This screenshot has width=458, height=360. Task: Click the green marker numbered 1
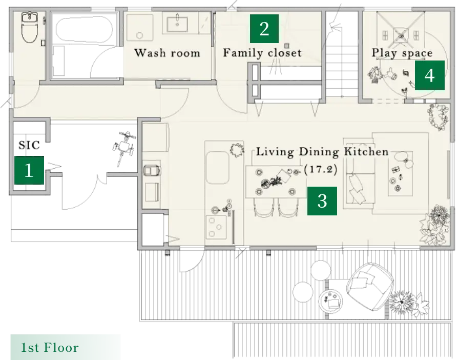[x=29, y=170]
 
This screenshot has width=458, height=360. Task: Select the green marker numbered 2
[x=264, y=29]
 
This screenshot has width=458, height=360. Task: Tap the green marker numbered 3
[x=322, y=201]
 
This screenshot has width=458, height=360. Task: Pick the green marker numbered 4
[x=430, y=75]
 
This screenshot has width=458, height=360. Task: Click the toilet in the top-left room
[x=29, y=27]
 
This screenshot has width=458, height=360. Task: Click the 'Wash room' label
[x=167, y=53]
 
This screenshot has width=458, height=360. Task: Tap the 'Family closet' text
[x=262, y=53]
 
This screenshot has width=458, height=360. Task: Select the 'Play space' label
[x=402, y=53]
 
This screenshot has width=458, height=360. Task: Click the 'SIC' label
[x=29, y=145]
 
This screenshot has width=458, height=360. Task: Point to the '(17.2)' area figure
[x=321, y=169]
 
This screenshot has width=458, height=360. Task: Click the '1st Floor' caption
[x=50, y=347]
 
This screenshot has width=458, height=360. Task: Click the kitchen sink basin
[x=217, y=168]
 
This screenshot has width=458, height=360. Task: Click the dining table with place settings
[x=276, y=182]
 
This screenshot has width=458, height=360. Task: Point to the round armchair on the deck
[x=369, y=287]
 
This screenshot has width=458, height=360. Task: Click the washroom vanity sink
[x=177, y=24]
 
